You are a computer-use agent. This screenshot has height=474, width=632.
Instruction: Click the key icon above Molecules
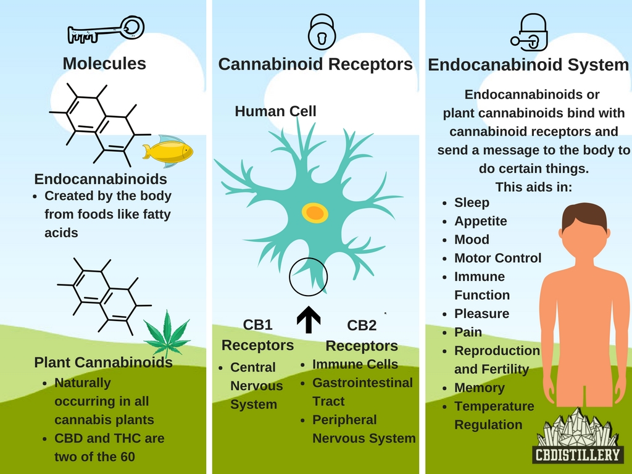click(x=106, y=30)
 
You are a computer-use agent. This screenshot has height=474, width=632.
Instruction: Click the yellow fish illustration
click(x=168, y=150)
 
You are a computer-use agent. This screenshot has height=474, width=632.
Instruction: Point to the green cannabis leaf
click(x=167, y=334)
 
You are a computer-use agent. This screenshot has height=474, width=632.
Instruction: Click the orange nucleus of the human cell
click(x=314, y=213)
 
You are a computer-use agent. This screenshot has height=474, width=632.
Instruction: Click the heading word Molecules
click(x=104, y=63)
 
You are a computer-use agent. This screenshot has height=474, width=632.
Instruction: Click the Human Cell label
click(x=275, y=112)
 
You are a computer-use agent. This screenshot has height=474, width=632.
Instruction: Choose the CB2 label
click(x=362, y=325)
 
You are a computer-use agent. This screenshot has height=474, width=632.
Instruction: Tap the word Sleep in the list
click(x=472, y=202)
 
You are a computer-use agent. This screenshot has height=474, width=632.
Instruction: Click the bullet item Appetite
click(x=480, y=221)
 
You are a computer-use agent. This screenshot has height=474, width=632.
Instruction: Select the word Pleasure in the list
click(x=481, y=314)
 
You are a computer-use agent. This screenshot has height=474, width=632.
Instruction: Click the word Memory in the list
click(x=479, y=388)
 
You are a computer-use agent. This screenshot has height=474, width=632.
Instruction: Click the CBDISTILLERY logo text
click(x=576, y=455)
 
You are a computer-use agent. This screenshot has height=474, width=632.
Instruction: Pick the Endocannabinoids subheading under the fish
click(x=101, y=179)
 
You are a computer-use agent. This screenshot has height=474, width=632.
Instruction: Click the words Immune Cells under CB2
click(x=355, y=364)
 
